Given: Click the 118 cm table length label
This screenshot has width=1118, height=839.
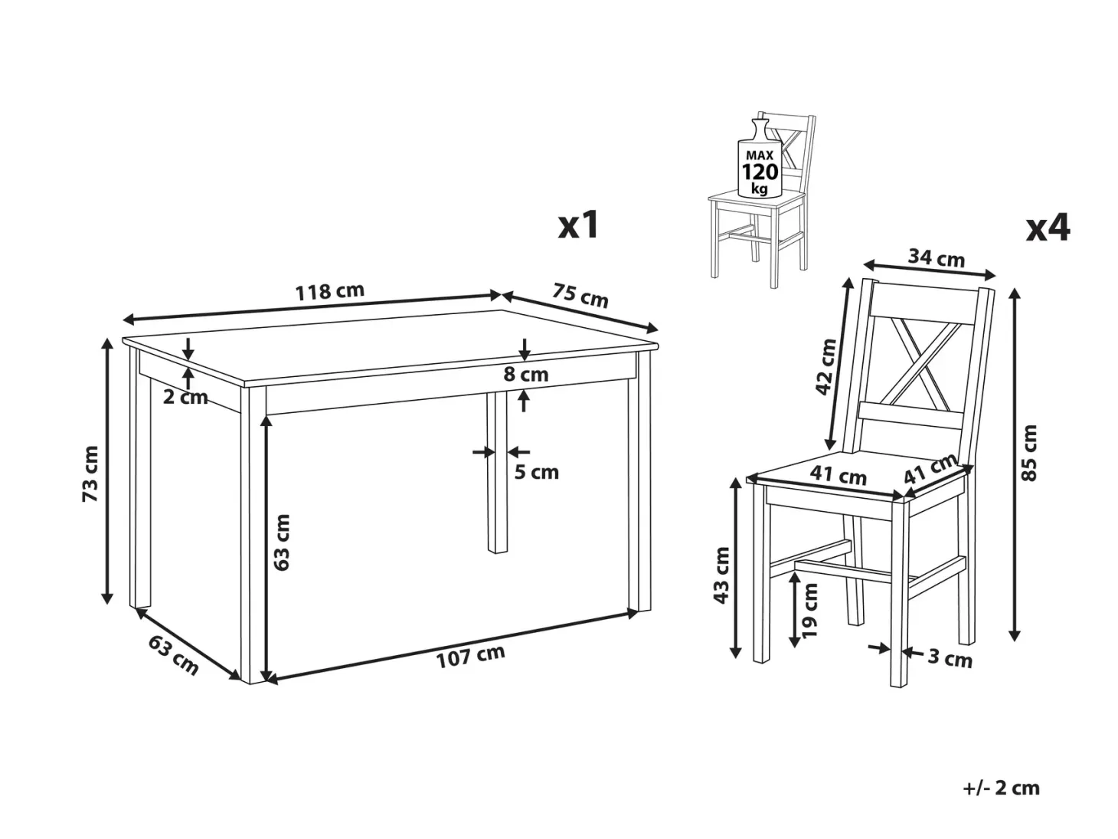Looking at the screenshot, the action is point(330,291).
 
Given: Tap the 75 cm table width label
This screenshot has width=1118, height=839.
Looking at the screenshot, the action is point(580,296).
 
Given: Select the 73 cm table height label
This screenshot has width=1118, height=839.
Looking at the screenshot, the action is point(90,474).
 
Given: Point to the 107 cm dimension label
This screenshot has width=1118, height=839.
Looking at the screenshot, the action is point(470,656).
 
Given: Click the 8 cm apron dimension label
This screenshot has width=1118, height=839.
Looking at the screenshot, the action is point(525,375).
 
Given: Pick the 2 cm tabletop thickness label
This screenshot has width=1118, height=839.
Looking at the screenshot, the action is point(185,397).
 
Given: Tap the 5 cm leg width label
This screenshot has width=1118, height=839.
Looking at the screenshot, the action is point(536,472).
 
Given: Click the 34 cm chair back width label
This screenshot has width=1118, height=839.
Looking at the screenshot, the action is point(937,258).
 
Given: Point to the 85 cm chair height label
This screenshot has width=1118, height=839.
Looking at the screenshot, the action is point(1029,453).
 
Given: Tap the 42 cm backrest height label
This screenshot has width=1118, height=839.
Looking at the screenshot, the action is point(825,367).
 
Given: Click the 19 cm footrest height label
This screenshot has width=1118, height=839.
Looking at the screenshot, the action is point(809,610).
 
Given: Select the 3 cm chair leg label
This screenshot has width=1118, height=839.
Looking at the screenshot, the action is point(950,658).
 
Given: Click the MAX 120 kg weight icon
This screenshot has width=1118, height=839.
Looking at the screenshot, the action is point(759,159).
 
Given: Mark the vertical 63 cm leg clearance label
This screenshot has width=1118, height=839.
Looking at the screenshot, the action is point(281,542).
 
